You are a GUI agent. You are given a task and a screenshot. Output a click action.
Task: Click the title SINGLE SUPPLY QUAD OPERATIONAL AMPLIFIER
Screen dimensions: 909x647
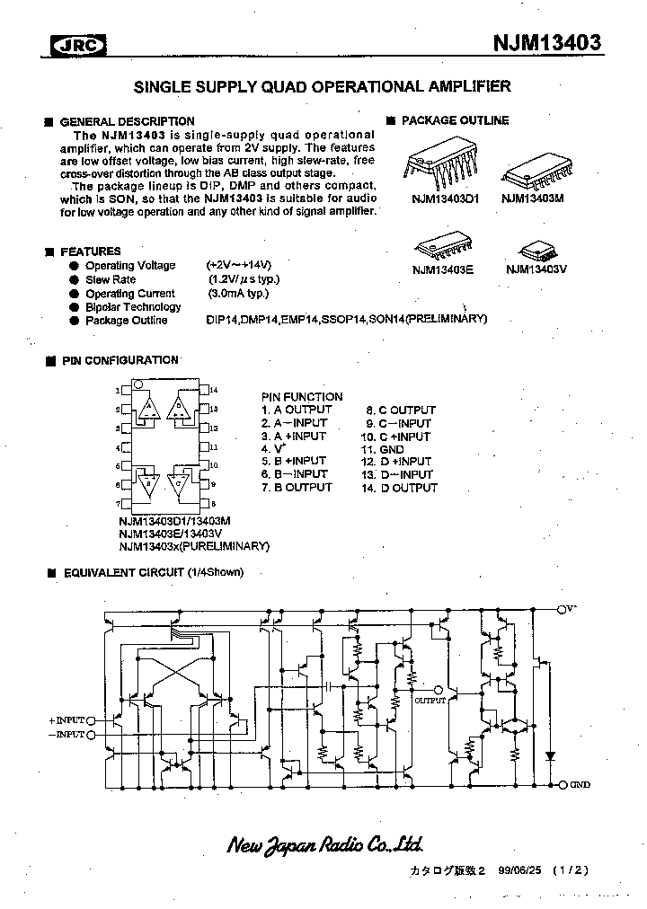tap(323, 87)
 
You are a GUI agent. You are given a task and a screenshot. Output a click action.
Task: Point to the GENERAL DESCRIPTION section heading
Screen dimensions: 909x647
tap(127, 121)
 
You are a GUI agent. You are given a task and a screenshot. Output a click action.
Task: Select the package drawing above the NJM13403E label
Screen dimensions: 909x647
tap(442, 244)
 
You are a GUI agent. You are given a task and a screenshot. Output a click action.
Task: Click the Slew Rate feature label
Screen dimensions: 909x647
tap(111, 280)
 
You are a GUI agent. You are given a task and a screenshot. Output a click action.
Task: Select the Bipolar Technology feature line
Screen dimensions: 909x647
tap(133, 307)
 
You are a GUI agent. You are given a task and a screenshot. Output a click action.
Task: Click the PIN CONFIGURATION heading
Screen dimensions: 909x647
tap(120, 360)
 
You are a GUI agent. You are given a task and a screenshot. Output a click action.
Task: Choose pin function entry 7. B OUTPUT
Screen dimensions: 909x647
tap(297, 488)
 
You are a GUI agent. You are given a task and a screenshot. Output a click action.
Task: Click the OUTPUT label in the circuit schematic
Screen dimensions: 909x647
tap(430, 700)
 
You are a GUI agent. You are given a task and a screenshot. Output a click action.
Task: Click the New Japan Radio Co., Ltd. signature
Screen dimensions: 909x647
tap(324, 844)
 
